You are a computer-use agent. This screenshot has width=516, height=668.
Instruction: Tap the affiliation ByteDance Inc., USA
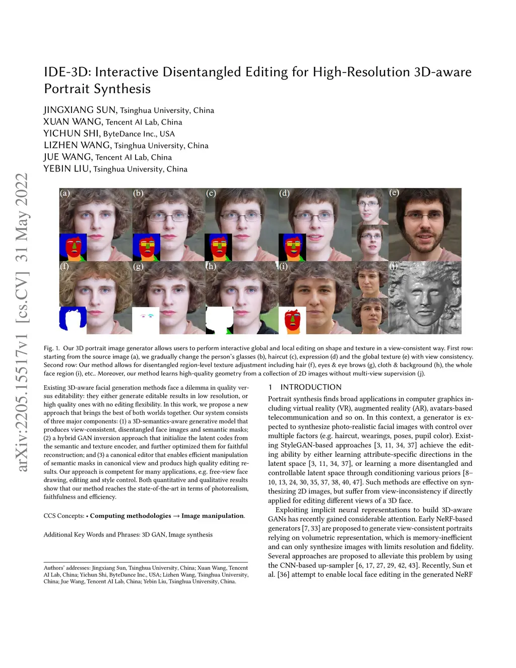pyautogui.click(x=139, y=134)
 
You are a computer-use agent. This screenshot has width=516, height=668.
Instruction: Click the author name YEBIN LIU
pyautogui.click(x=66, y=169)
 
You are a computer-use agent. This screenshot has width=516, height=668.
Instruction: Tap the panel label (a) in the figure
pyautogui.click(x=64, y=193)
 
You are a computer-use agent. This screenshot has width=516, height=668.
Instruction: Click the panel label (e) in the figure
pyautogui.click(x=394, y=193)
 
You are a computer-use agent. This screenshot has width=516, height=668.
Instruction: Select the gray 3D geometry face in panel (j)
pyautogui.click(x=424, y=297)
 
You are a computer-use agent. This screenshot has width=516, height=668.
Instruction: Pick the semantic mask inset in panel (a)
pyautogui.click(x=73, y=247)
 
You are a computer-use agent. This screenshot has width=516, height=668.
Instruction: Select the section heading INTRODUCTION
pyautogui.click(x=311, y=387)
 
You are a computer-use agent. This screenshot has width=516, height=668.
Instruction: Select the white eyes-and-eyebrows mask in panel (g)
pyautogui.click(x=146, y=320)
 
